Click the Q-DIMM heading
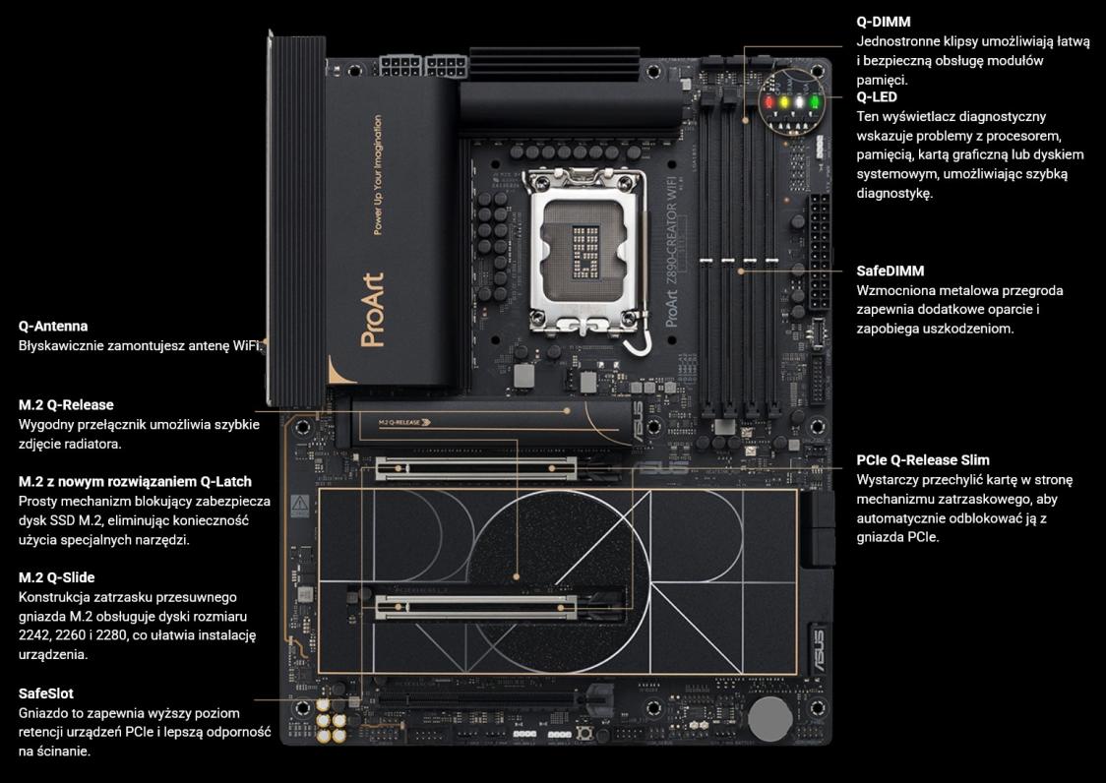[x=883, y=22]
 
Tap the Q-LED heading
[x=877, y=97]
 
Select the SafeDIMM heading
[x=891, y=271]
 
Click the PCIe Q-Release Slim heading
[x=923, y=460]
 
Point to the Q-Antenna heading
[x=53, y=326]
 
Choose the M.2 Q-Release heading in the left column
[x=66, y=405]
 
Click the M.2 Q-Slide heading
[x=56, y=577]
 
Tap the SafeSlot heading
[x=46, y=693]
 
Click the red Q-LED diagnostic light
[x=769, y=102]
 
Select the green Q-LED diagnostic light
[x=814, y=102]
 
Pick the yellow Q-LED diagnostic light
[x=783, y=102]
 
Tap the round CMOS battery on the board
[x=769, y=719]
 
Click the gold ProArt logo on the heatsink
[x=372, y=311]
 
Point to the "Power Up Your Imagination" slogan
[x=378, y=175]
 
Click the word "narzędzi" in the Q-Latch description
[x=160, y=540]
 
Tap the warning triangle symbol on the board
[x=300, y=504]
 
